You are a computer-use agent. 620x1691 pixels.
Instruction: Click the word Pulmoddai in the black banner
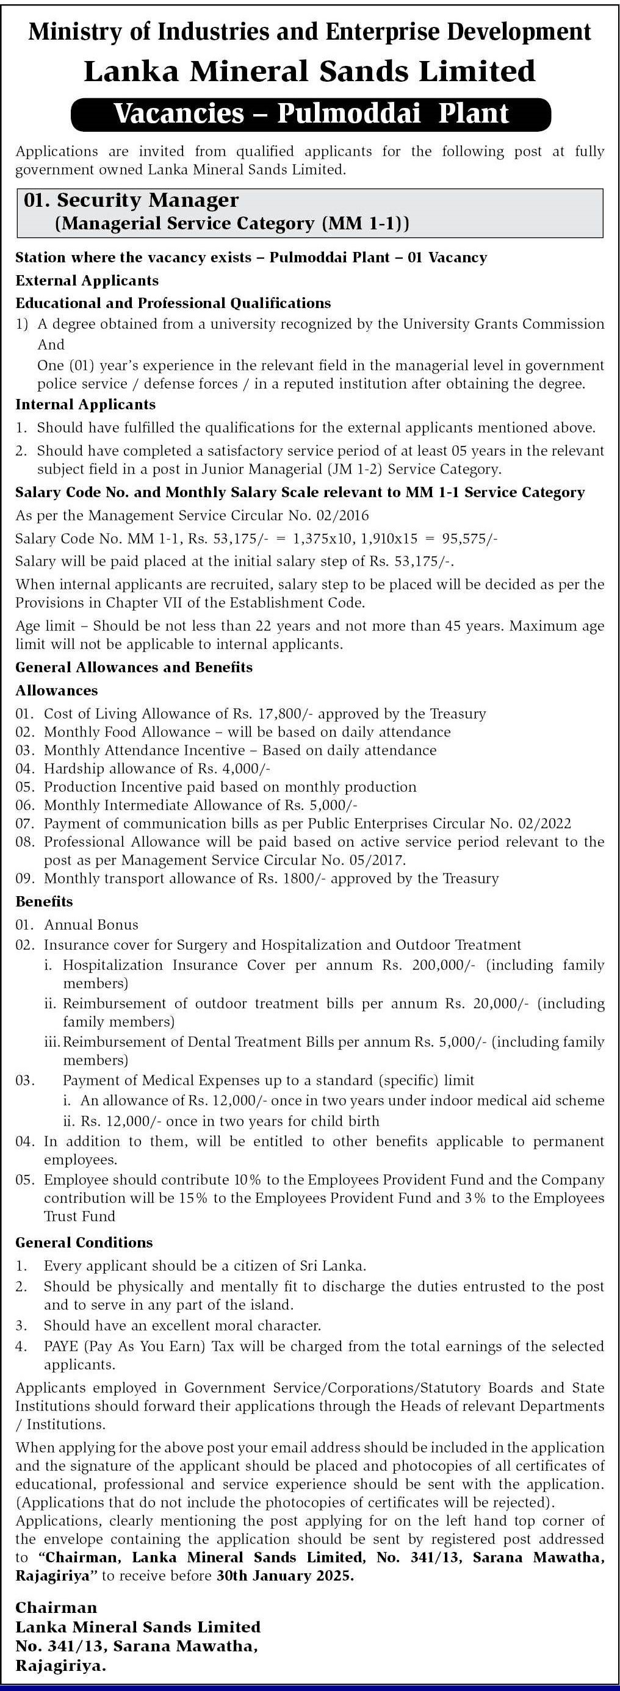click(348, 113)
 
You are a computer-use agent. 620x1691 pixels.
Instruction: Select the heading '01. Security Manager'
click(131, 200)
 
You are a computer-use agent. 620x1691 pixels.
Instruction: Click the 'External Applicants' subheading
click(87, 281)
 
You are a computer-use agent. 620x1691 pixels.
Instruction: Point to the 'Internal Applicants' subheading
click(85, 404)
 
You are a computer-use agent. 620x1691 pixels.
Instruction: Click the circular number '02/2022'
click(544, 824)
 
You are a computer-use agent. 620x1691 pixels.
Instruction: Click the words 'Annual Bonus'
click(92, 925)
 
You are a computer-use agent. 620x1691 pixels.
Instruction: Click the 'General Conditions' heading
click(84, 1243)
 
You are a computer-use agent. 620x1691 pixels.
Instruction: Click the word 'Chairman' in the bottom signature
click(56, 1607)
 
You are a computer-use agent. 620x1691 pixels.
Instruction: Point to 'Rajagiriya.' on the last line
click(61, 1665)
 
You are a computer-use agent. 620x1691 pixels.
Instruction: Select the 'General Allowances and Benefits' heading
click(134, 667)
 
